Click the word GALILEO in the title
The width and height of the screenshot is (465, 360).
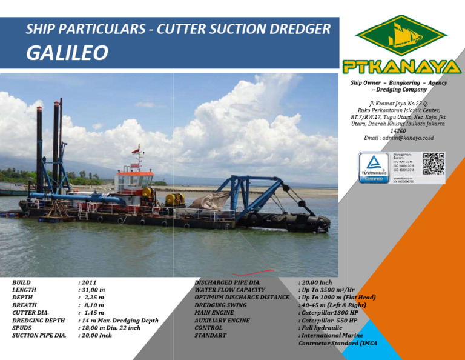tap(67, 53)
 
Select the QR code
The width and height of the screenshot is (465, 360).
tap(433, 164)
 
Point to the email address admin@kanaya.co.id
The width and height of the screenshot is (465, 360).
tap(399, 138)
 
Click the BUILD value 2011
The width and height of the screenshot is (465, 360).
tap(88, 282)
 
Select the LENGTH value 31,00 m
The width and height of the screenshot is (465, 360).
tap(92, 290)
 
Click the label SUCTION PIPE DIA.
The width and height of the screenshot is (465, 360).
tap(39, 335)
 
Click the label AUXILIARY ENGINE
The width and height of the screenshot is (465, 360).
tap(222, 320)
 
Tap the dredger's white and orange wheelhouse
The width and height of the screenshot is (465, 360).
tap(134, 182)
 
